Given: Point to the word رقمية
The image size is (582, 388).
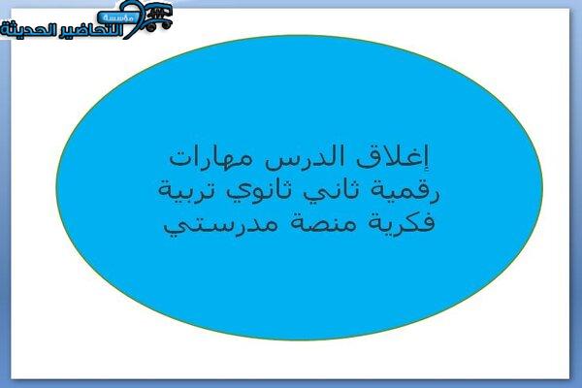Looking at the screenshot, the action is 404,190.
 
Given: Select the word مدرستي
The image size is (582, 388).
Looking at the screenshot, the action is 220,224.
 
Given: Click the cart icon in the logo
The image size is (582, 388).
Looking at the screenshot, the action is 158,17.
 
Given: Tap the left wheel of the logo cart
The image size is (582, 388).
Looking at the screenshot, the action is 151,27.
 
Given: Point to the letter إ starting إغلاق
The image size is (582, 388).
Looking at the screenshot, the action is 426,158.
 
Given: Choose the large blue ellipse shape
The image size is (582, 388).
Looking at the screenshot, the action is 299,187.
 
